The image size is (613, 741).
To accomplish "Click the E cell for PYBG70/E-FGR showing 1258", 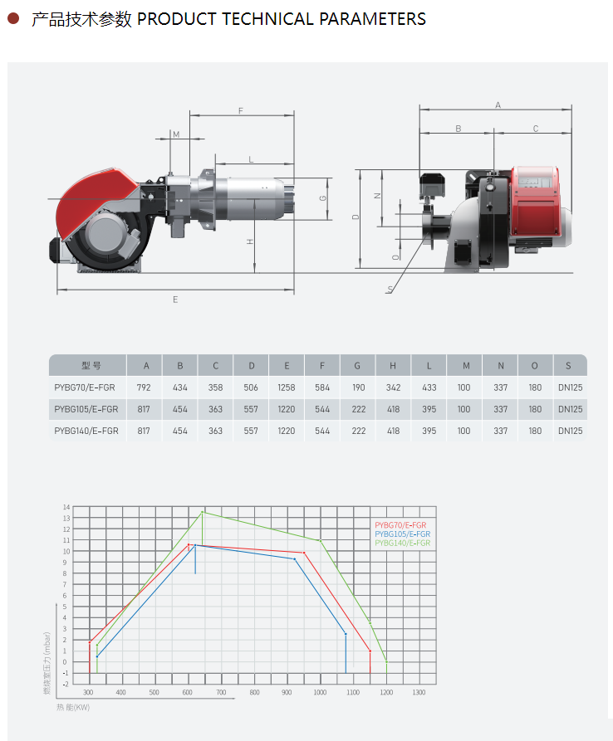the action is (287, 388).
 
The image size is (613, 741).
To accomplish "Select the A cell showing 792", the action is (144, 388).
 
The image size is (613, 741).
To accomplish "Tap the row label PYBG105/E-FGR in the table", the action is (86, 409).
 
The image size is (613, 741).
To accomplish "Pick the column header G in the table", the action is (357, 366).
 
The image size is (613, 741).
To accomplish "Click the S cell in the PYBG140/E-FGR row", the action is (571, 431).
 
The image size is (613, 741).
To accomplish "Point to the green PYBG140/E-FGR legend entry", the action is (403, 543).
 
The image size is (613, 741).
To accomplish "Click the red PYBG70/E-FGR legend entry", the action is (400, 525).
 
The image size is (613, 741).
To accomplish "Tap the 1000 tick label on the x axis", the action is (321, 692).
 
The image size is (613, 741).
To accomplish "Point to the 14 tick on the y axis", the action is (66, 507).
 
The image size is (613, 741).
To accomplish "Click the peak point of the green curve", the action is (203, 512).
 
